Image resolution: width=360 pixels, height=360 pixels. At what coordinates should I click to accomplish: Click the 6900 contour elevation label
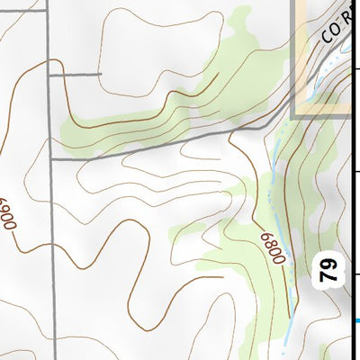coord(11,214)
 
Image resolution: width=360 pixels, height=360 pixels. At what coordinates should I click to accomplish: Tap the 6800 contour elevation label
coord(273,247)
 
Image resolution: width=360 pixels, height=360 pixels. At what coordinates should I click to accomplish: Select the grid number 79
coord(328,270)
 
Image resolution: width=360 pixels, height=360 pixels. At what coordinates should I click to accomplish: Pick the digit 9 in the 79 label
coord(328,264)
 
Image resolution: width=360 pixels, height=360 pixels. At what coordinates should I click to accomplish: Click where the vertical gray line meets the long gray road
coord(50,158)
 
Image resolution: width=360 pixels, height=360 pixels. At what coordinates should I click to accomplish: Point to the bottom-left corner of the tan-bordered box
coord(295,115)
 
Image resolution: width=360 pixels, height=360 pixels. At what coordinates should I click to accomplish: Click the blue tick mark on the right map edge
coord(357,319)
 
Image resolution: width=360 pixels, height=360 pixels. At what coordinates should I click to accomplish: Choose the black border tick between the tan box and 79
coord(356,170)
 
